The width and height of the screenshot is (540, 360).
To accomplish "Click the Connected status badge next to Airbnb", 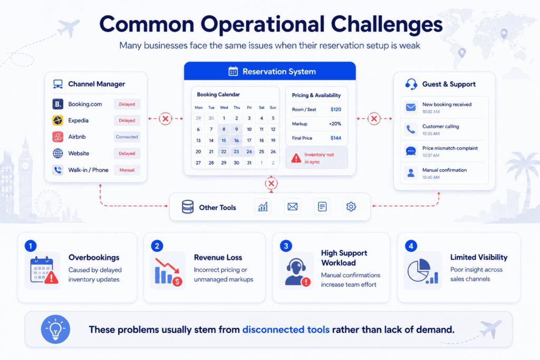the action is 127,137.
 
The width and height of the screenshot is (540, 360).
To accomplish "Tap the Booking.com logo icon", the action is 57,104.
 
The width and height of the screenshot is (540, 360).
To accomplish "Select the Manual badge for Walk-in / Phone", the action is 127,170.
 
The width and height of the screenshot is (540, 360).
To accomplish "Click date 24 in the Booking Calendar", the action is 249,151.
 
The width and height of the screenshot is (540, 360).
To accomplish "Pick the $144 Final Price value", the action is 336,138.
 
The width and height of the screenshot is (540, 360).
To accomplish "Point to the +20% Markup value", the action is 335,123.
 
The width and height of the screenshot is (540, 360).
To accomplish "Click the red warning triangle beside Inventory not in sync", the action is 296,158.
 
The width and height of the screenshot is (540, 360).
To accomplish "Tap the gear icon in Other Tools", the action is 351,207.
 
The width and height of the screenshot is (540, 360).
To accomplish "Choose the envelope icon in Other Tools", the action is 292,207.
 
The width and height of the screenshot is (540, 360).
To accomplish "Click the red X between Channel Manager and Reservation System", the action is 165,119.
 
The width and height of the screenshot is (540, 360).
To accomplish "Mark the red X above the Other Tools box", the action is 271,183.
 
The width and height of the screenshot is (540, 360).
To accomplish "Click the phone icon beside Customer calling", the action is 410,130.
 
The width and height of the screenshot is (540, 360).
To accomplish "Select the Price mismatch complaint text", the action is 450,148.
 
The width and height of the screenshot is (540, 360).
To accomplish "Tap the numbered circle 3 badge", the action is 286,246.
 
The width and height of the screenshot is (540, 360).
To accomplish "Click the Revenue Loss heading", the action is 218,257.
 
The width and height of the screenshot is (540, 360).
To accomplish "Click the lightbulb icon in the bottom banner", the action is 55,329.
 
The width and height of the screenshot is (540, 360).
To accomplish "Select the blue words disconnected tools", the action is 286,330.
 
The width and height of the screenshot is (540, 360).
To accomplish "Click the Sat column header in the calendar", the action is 262,108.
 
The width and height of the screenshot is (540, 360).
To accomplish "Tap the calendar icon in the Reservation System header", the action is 233,71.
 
